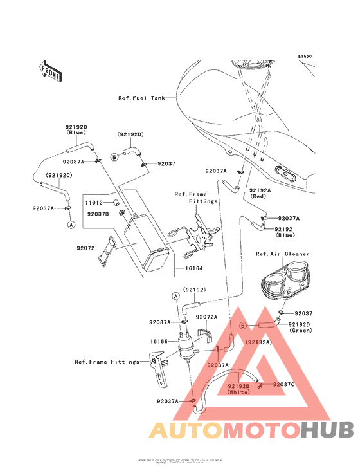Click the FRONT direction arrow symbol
click(51, 70)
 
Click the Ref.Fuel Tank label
click(141, 98)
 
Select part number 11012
click(94, 202)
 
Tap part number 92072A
click(206, 317)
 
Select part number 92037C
click(283, 384)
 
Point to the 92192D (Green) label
click(300, 328)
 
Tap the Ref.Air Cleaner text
click(282, 254)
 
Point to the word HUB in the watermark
click(327, 430)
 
